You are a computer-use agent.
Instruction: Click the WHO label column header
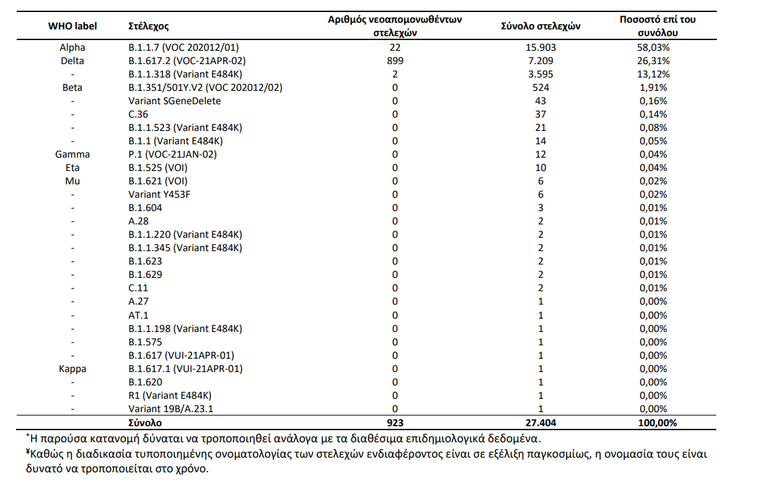point(72,26)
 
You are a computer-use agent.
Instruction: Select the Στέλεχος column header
point(148,27)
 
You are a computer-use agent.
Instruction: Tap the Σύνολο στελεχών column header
point(541,26)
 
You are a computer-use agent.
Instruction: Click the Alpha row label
point(72,47)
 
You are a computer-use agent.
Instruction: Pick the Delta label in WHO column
point(72,61)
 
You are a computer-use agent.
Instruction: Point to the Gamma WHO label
point(72,154)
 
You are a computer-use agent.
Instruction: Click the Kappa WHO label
point(72,369)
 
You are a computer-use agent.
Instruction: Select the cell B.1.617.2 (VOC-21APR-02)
point(187,61)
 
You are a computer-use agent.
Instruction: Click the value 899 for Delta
point(395,61)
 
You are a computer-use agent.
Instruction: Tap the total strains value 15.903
point(541,47)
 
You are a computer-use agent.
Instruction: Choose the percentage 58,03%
point(653,47)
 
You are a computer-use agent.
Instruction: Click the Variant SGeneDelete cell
point(174,101)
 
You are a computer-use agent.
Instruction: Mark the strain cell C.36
point(138,114)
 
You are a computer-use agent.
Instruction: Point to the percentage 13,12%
point(653,74)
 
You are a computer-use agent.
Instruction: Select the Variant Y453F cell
point(160,194)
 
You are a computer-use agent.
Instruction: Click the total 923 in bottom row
point(395,423)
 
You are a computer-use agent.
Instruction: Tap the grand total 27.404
point(541,423)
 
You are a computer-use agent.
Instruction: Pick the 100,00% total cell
point(658,423)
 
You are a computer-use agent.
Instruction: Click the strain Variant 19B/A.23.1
point(171,409)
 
